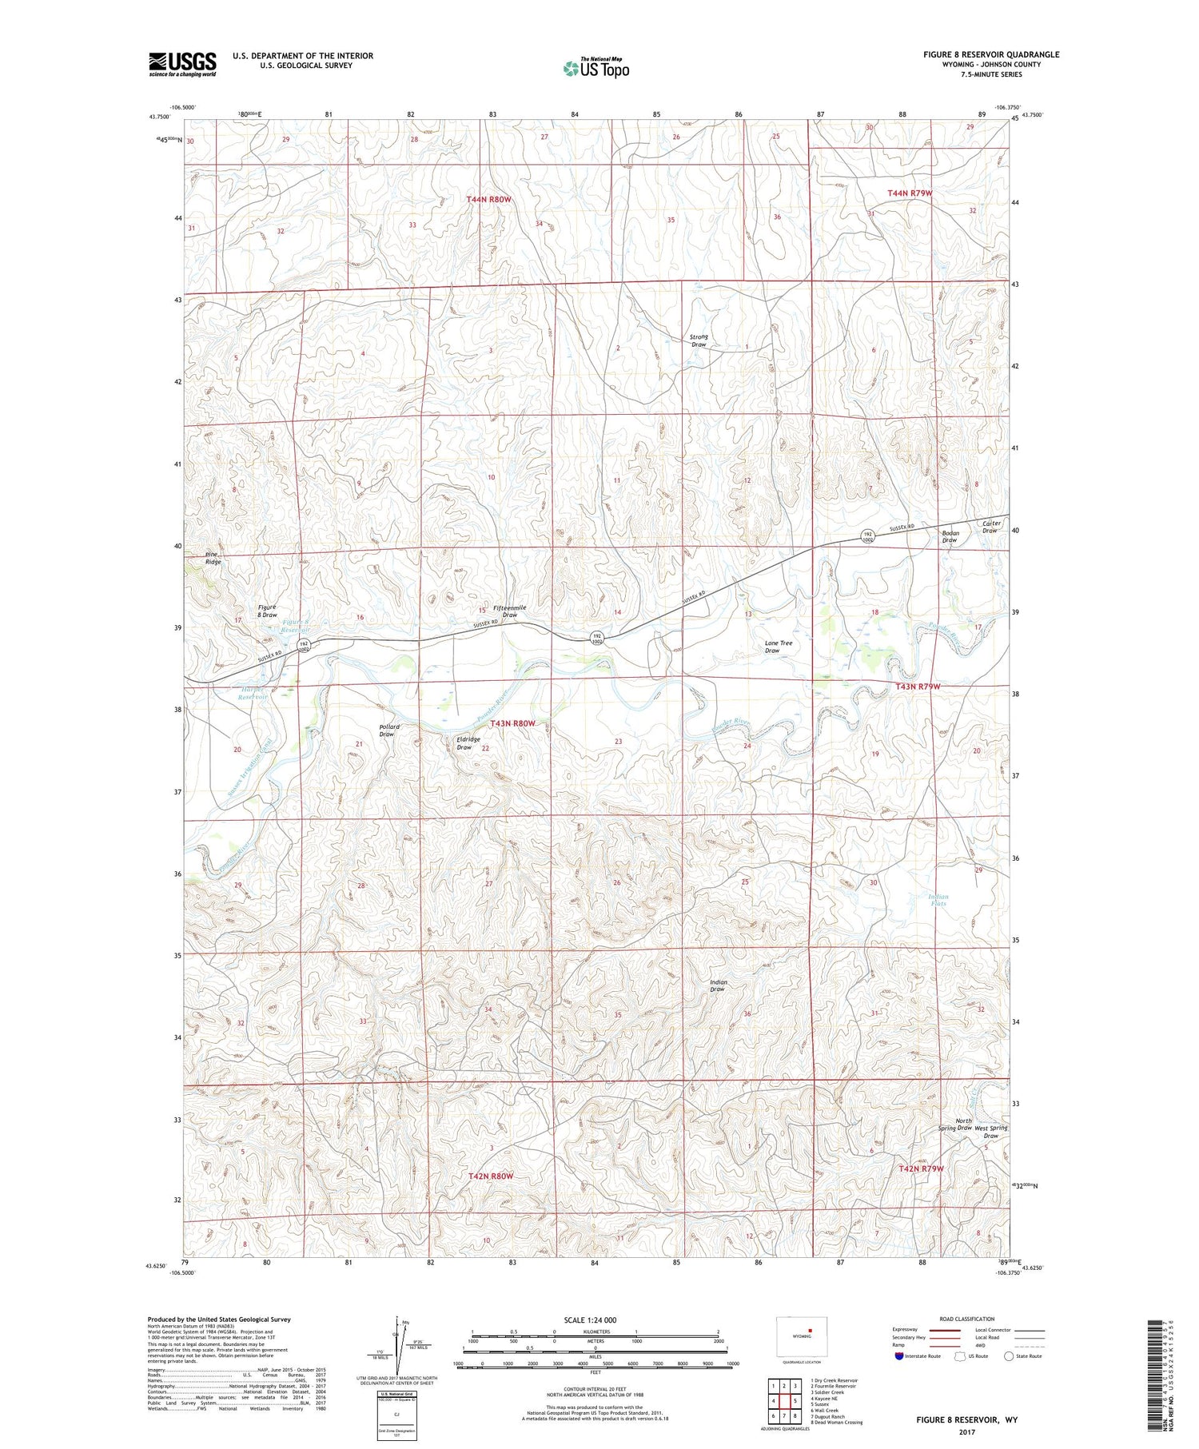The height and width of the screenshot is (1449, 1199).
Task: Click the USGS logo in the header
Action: coord(182,64)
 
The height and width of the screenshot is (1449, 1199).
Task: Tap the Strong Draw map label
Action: coord(699,340)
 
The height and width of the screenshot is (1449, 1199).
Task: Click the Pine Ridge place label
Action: coord(212,558)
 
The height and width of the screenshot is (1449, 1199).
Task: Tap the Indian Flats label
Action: coord(938,900)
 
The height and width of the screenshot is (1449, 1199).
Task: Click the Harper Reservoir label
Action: coord(253,693)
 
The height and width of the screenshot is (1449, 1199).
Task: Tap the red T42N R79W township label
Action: coord(921,1168)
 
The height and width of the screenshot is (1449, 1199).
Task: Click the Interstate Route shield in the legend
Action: coord(899,1356)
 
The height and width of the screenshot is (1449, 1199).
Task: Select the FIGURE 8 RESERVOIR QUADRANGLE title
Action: coord(991,54)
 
